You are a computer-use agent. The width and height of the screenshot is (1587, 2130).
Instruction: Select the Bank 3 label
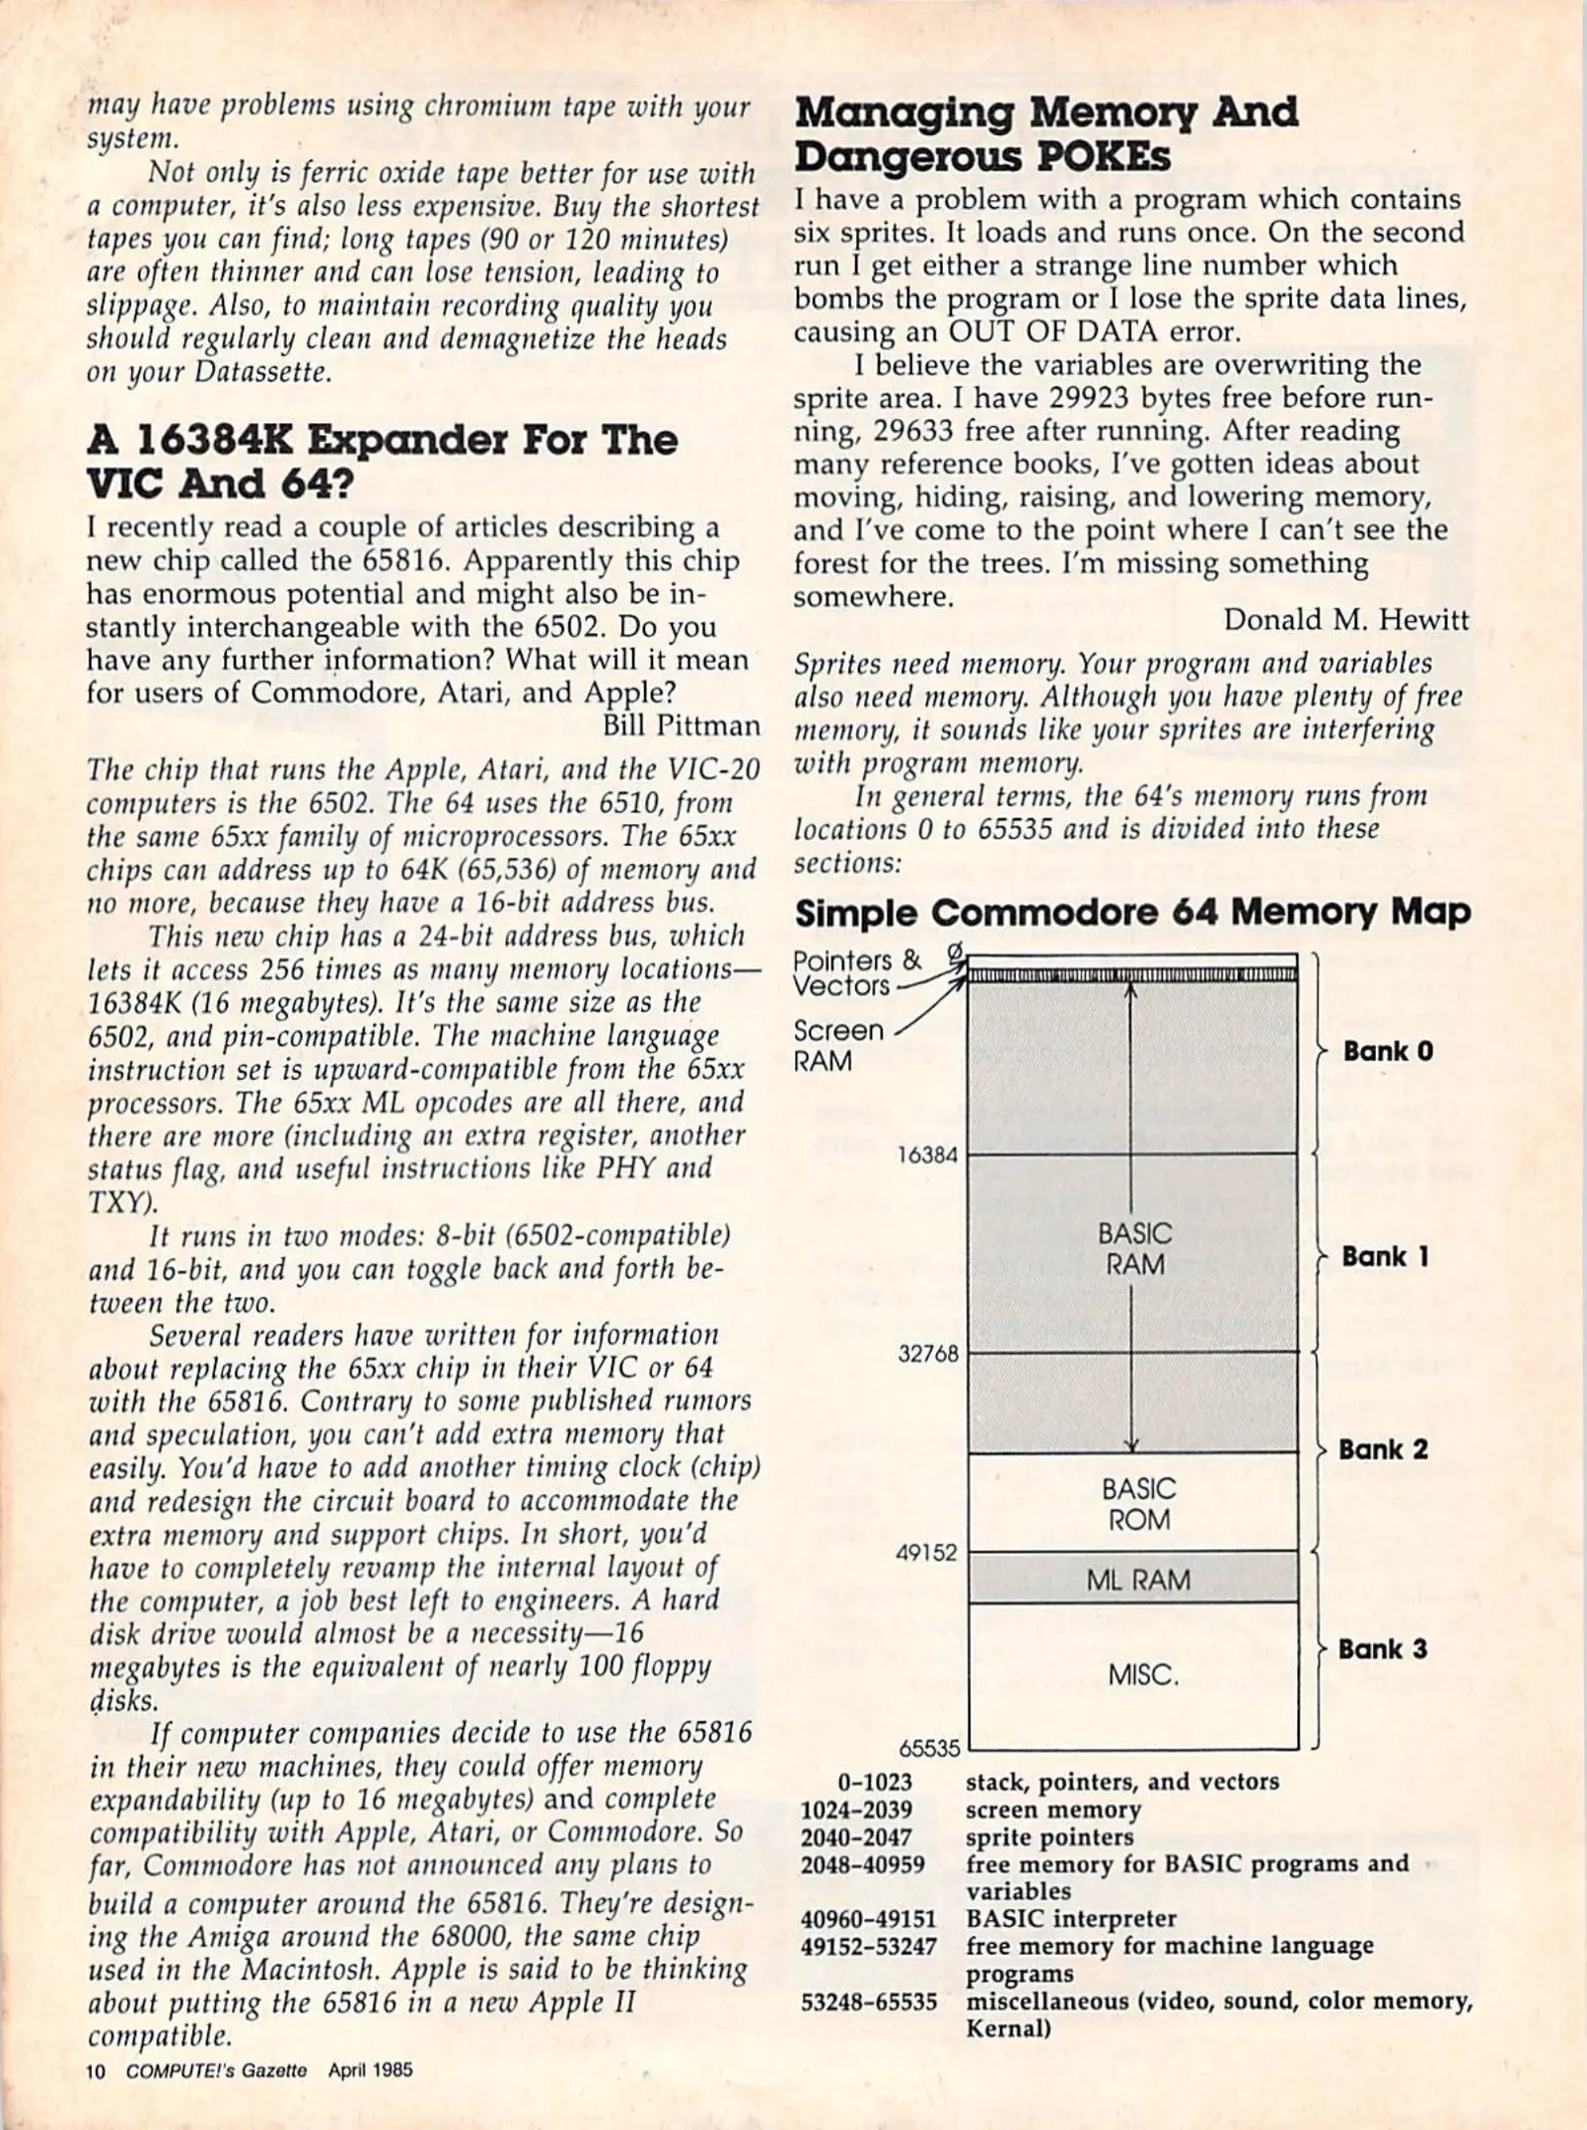[1382, 1650]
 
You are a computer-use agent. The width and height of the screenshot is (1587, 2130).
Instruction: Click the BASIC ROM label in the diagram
[1138, 1504]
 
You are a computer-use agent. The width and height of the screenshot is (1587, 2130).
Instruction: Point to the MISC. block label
[1142, 1674]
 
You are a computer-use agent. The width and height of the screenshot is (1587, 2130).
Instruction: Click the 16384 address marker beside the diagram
[927, 1155]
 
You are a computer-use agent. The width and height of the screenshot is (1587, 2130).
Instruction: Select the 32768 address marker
[927, 1354]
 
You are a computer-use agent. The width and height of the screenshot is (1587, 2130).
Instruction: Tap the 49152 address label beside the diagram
[926, 1553]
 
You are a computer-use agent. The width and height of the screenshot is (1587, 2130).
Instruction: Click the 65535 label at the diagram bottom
[928, 1748]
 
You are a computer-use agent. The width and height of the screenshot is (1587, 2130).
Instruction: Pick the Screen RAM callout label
[837, 1045]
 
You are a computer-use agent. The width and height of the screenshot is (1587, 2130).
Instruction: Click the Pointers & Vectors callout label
[856, 972]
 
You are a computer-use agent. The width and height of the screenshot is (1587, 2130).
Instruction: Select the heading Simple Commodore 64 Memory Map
[1132, 912]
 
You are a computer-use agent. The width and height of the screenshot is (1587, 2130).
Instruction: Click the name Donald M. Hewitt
[1345, 619]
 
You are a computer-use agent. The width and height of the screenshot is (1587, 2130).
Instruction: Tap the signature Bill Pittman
[681, 725]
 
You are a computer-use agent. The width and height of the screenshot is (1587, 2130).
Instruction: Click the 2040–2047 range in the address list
[856, 1837]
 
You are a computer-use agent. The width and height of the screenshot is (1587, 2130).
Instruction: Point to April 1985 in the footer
[370, 2070]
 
